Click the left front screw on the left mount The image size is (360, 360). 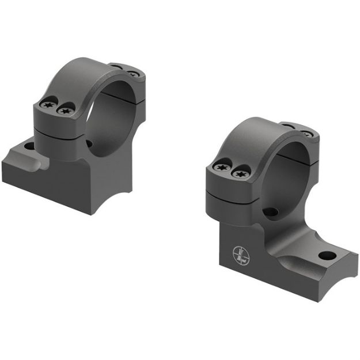click(x=48, y=105)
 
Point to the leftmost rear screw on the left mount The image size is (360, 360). click(x=118, y=68)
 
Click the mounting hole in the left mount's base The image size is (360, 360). click(x=29, y=146)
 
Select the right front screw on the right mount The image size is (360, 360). click(x=238, y=172)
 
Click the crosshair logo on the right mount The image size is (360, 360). click(x=240, y=255)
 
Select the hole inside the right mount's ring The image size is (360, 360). click(x=271, y=213)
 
